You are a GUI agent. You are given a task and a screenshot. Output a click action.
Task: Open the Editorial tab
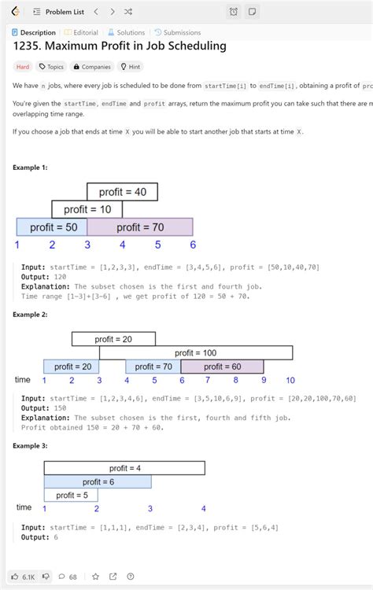(81, 32)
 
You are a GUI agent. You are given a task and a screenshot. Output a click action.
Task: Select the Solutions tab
(126, 32)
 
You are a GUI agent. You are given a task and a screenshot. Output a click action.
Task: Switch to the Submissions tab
(177, 32)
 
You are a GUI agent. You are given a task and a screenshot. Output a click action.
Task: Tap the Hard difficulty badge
(23, 67)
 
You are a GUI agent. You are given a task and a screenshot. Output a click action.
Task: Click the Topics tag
(52, 67)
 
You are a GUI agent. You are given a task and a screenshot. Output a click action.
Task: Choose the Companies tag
(91, 67)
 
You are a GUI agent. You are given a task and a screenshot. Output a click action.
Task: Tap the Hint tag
(129, 67)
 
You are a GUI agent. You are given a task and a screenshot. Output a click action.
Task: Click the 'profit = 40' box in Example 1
(122, 192)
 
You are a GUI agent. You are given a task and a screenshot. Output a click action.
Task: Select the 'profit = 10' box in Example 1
(87, 209)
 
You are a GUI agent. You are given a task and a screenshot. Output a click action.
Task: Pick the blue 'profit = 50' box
(52, 227)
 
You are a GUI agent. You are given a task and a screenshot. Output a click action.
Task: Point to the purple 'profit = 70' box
(140, 227)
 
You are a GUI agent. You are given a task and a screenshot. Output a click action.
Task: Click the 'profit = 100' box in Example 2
(196, 353)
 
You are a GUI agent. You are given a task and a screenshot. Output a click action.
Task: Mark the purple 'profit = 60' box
(222, 367)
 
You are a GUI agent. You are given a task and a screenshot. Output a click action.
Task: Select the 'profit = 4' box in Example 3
(124, 468)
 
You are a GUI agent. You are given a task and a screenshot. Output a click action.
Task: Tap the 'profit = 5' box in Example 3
(71, 495)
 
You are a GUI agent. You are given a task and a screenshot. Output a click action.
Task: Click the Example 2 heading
(30, 315)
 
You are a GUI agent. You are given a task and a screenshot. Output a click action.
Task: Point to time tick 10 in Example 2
(290, 381)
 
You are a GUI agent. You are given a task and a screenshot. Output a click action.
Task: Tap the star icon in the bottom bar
(95, 577)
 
